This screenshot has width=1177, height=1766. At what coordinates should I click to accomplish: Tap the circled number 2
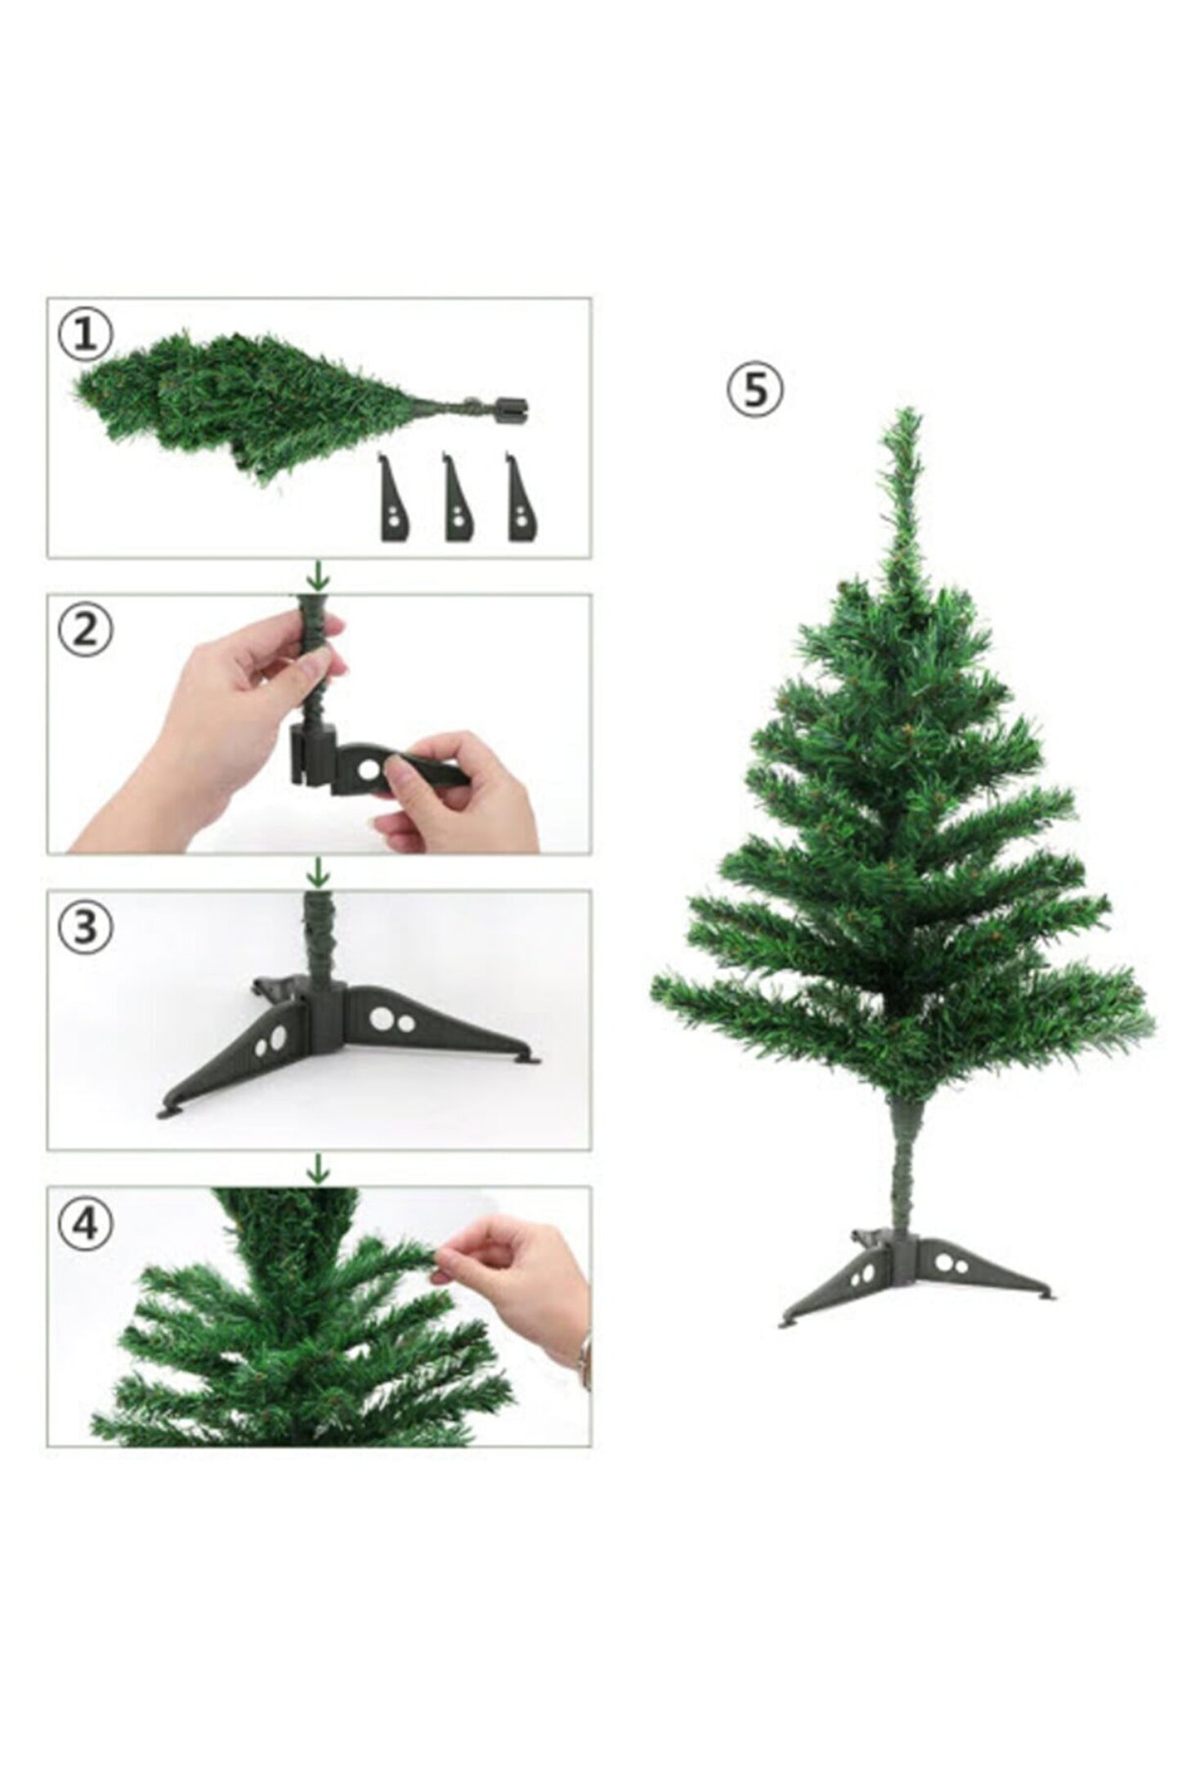pos(85,631)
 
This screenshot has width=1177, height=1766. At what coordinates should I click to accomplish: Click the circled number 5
pos(754,391)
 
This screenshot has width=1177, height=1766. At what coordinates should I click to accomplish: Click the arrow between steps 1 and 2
pos(318,576)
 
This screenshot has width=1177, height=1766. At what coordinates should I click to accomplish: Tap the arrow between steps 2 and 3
pos(318,872)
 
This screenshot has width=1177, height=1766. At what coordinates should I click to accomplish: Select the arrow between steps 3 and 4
pos(318,1168)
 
